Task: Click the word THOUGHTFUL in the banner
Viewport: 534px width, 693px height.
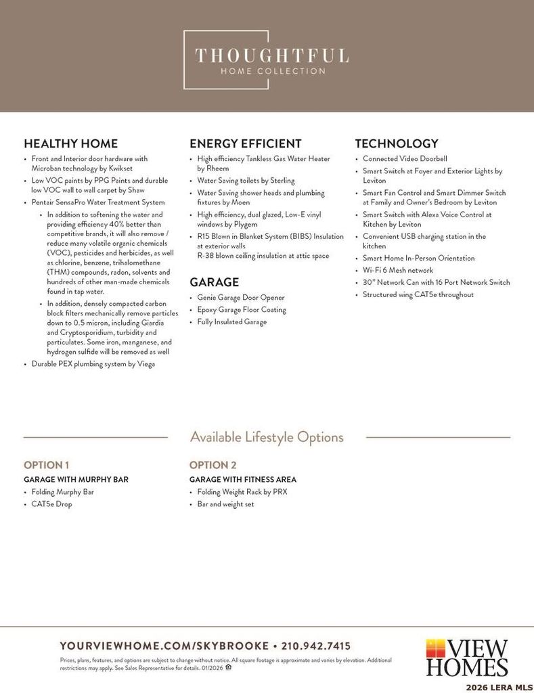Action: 271,55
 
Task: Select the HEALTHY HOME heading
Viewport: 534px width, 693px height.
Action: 70,143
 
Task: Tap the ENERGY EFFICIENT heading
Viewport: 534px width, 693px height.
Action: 245,143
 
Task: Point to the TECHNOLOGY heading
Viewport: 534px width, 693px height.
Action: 397,143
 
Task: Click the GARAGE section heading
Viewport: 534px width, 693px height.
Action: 214,282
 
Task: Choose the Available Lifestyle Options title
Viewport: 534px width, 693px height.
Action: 267,437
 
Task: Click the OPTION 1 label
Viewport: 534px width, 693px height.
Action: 47,465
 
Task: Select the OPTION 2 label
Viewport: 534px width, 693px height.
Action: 213,465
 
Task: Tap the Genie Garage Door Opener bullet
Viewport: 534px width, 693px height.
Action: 241,298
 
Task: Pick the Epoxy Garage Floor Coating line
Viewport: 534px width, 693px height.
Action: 242,310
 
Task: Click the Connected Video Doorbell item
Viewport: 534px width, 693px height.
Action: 405,159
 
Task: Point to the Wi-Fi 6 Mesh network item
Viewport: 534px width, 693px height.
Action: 398,270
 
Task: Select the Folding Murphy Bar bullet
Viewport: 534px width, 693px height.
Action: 62,492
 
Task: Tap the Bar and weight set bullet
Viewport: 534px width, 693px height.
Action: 225,504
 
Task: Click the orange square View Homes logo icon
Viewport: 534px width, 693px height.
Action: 435,647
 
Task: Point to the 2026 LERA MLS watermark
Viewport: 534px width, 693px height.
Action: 499,687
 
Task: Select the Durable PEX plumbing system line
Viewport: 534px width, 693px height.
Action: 93,364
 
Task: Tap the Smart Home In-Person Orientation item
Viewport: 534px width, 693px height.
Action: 418,258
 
